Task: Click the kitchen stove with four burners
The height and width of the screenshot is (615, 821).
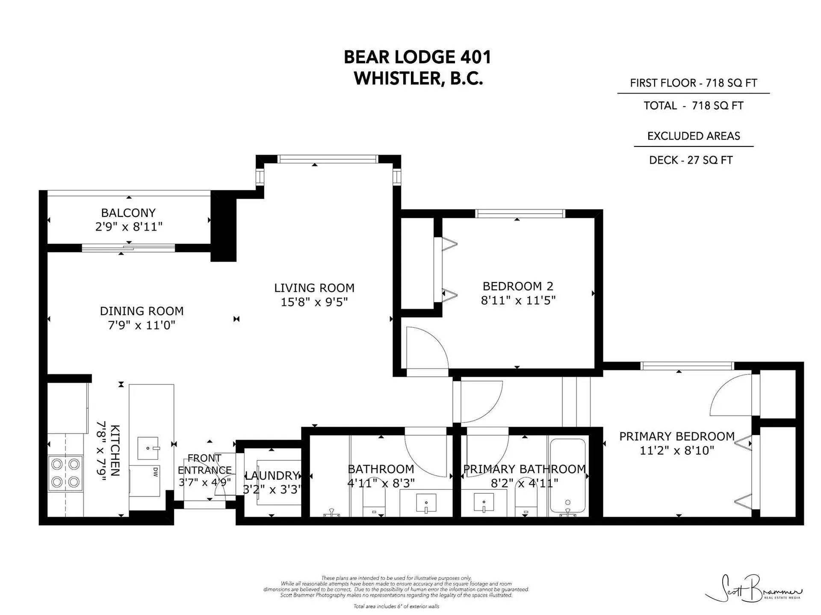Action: (65, 473)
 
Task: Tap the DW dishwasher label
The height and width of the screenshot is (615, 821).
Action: (155, 471)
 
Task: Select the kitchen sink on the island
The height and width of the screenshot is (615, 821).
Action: (148, 448)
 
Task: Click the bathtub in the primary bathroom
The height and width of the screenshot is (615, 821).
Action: (567, 475)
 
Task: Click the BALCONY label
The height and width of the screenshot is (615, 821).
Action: (128, 213)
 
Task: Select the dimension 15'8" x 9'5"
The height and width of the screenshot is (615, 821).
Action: (314, 302)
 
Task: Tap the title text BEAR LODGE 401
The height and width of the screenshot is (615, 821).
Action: (417, 57)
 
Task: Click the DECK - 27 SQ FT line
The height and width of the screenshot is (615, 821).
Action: (691, 160)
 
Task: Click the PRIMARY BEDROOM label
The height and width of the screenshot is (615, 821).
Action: (677, 436)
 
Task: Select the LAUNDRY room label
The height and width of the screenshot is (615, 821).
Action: (272, 476)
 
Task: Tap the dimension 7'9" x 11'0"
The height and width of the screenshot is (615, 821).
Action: (142, 325)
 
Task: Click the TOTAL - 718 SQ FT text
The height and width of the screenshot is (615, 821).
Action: (693, 106)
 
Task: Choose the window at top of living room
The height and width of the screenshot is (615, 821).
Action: (328, 159)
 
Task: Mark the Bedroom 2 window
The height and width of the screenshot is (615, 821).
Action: (520, 214)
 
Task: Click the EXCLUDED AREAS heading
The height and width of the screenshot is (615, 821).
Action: (693, 136)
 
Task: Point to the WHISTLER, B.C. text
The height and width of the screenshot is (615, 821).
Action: (418, 79)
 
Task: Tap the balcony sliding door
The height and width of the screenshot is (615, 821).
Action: (128, 248)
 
